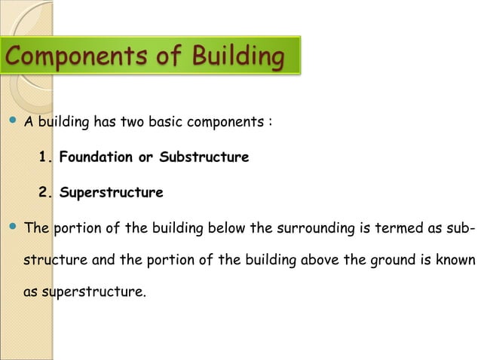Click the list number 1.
[x=46, y=157]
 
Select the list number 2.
[x=46, y=193]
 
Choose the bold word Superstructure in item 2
[x=111, y=193]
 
